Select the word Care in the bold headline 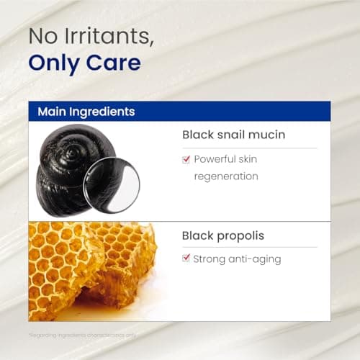point(114,63)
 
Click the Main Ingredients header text point(86,112)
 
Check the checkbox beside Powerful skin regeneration point(186,158)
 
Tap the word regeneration point(225,175)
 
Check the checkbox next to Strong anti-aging point(186,258)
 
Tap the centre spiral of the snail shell point(74,153)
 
